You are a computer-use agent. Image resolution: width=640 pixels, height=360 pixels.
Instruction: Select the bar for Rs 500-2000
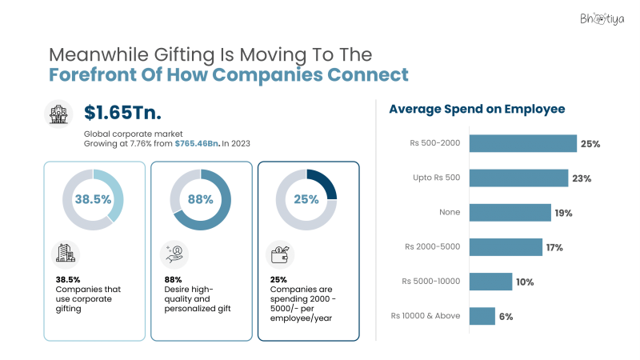tap(522, 143)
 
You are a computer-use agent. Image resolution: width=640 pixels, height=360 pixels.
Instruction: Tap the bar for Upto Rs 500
tap(518, 178)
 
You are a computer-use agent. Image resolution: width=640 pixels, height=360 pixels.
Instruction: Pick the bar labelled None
tap(510, 212)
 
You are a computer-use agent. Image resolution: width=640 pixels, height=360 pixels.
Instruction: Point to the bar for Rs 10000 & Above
tap(482, 316)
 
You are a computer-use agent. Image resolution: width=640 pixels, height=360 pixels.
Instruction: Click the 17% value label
tap(554, 247)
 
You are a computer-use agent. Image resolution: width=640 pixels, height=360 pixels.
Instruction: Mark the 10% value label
tap(524, 282)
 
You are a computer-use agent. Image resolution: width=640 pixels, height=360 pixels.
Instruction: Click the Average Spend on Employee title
tap(478, 109)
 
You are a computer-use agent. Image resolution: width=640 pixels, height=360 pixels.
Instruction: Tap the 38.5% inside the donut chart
tap(93, 200)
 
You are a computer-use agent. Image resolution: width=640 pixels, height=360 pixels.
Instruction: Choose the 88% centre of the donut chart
tap(201, 200)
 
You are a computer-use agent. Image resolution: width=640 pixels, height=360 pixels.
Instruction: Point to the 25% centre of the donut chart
tap(306, 200)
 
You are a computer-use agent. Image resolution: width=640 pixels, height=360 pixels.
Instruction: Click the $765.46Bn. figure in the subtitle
tap(198, 142)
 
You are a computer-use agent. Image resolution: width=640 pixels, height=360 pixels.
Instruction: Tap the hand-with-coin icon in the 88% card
tap(174, 254)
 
